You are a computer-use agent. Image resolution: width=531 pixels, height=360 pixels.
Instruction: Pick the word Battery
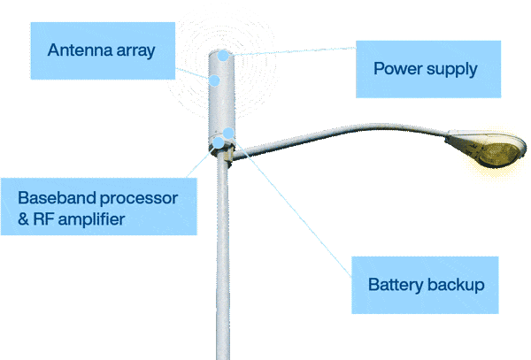[x=396, y=286]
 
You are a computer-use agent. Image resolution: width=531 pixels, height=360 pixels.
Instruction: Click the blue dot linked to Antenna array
[x=214, y=80]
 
